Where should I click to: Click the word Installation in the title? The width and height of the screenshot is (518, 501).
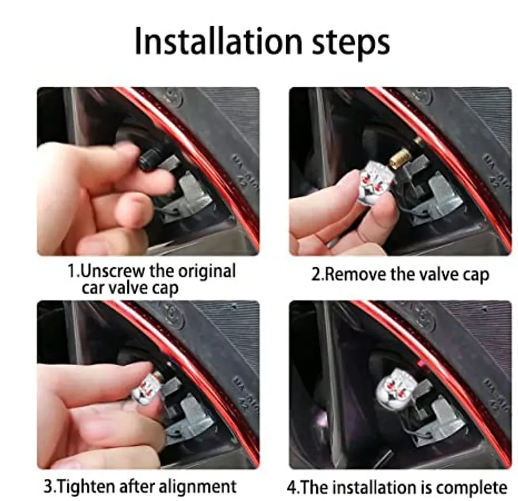(218, 41)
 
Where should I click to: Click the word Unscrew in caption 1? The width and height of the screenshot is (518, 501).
(113, 271)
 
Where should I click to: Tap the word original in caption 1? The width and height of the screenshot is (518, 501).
(207, 272)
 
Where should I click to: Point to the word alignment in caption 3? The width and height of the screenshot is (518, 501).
(197, 487)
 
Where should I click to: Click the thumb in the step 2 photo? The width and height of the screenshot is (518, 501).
(378, 216)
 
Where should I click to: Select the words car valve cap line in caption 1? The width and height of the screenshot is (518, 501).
(130, 288)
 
